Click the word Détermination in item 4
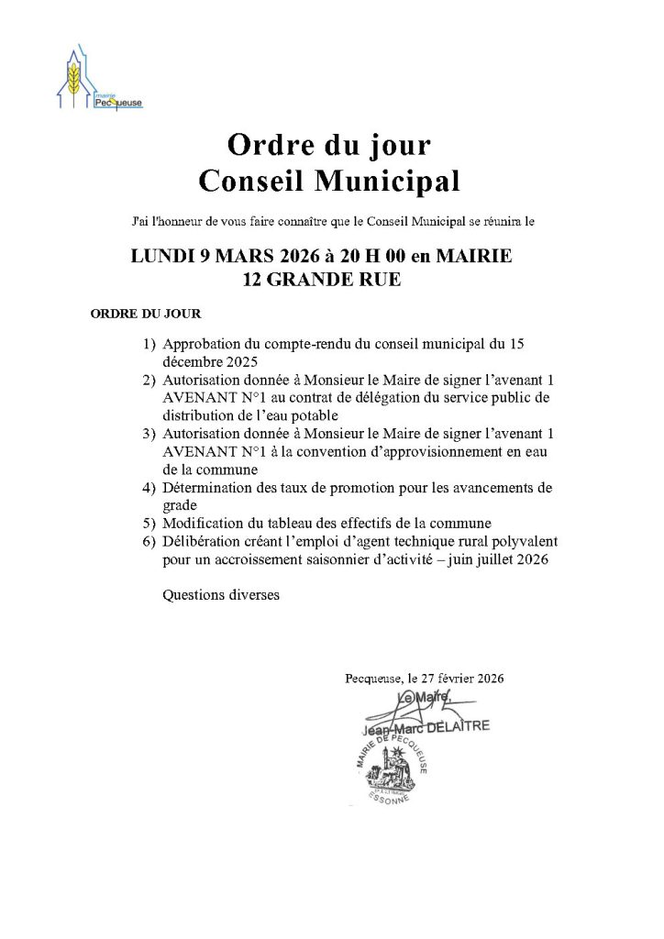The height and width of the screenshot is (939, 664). pyautogui.click(x=206, y=487)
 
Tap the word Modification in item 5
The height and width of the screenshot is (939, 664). pyautogui.click(x=205, y=524)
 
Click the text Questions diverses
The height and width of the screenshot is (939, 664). pyautogui.click(x=220, y=594)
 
